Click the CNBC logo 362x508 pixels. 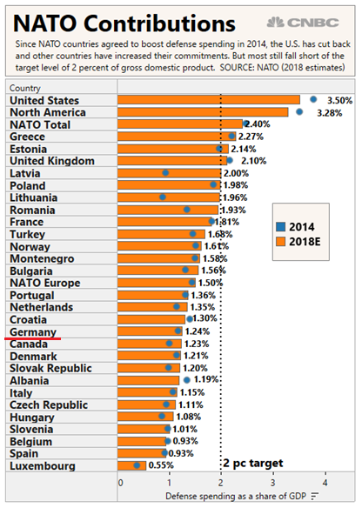tap(303, 23)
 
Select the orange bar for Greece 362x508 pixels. tap(177, 137)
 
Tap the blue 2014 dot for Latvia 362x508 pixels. tap(165, 173)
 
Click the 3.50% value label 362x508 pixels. tap(339, 100)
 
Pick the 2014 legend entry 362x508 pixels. tap(295, 227)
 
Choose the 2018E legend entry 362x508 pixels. tap(298, 242)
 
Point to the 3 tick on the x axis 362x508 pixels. tap(273, 483)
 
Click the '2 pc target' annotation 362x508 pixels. tap(253, 464)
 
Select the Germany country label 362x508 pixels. tap(33, 332)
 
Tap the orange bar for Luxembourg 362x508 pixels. tap(132, 466)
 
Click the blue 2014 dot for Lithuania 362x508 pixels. tap(163, 197)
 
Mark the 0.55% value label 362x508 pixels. tap(161, 465)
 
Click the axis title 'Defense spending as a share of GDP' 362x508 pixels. tap(236, 496)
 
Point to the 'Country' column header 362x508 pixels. tap(25, 88)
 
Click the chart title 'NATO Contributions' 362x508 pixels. tap(124, 23)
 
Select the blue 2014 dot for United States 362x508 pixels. tap(313, 99)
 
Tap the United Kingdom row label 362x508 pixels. tap(52, 161)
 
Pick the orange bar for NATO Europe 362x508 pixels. tap(157, 283)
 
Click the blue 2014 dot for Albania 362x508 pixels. tap(187, 380)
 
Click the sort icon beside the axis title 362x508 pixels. tap(315, 496)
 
